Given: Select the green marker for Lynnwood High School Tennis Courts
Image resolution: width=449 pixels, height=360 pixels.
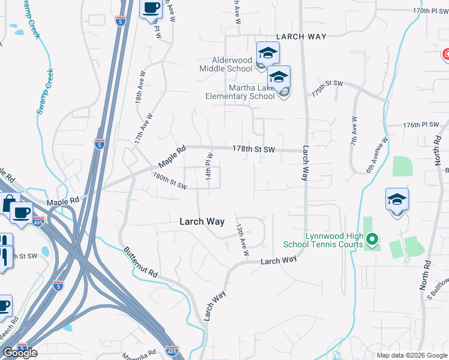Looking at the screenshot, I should click(x=372, y=241).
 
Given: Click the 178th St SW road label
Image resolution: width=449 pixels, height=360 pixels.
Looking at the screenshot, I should click(x=253, y=149).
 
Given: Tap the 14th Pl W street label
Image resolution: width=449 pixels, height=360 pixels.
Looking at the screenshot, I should click(x=209, y=169).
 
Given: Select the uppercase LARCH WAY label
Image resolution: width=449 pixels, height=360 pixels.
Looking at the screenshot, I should click(x=301, y=37).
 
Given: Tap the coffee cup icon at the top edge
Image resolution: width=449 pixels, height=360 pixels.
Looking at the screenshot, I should click(x=151, y=8).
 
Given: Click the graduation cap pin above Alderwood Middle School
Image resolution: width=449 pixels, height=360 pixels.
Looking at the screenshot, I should click(x=268, y=53).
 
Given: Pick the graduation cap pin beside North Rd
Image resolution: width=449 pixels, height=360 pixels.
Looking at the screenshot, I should click(x=397, y=199).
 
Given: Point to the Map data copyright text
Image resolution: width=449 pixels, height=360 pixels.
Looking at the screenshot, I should click(x=411, y=355).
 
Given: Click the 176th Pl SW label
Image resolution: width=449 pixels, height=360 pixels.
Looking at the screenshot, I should click(x=422, y=125).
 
